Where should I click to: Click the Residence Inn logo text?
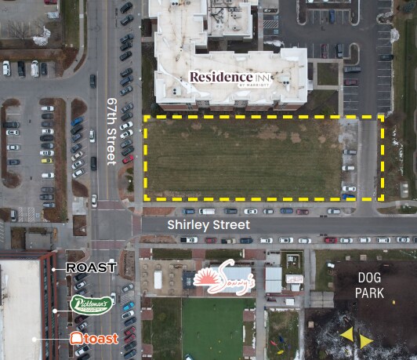(x=238, y=77)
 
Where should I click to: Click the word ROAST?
(x=92, y=268)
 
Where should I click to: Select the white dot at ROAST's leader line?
(x=54, y=268)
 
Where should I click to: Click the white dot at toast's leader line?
(x=54, y=339)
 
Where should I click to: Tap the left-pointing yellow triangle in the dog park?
(x=346, y=335)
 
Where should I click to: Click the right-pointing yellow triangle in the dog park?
(x=366, y=341)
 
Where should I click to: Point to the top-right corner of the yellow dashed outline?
(x=383, y=117)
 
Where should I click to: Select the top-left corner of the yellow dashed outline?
(x=144, y=117)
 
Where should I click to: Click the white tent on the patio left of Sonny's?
(x=158, y=279)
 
